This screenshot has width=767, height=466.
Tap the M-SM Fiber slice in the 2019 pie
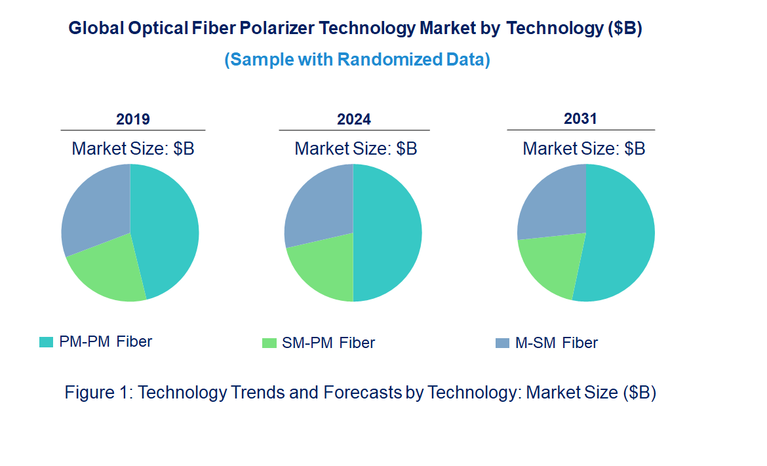point(95,206)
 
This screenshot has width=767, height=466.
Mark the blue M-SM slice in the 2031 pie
point(551,203)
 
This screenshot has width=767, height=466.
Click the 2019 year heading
point(133,119)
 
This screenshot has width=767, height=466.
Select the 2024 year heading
point(354,119)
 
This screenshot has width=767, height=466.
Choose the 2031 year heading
point(581,119)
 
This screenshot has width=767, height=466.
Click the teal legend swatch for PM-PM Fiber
point(46,341)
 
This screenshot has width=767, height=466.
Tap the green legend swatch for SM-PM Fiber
point(269,343)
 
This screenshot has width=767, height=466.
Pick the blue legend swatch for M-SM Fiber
point(502,343)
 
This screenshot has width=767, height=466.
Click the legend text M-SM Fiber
point(557,343)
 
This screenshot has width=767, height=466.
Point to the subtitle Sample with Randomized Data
point(357,60)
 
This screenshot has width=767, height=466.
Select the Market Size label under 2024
point(356,149)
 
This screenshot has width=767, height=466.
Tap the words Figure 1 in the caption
point(98,393)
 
